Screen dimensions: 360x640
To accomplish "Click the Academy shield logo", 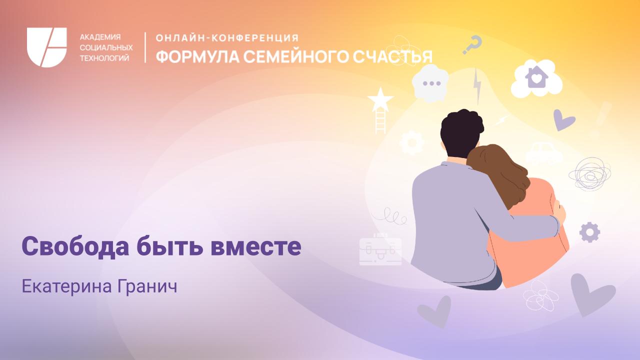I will (46, 47).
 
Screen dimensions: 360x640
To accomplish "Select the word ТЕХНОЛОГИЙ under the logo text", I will (104, 58).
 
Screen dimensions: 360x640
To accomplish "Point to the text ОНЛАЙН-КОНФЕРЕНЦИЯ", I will (227, 38).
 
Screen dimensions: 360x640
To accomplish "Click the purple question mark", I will (472, 44).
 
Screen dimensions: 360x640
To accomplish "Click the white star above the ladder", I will (380, 99).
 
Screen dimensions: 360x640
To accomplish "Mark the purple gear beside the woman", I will (589, 231).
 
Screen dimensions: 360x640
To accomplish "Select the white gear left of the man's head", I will (412, 142).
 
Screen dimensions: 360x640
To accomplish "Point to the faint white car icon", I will (543, 152).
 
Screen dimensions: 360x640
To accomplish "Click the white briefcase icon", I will (380, 250).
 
